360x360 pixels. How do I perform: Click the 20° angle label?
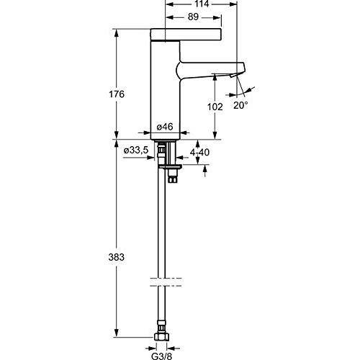pyautogui.click(x=240, y=104)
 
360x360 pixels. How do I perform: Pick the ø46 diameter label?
pyautogui.click(x=166, y=127)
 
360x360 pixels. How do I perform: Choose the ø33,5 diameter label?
pyautogui.click(x=136, y=149)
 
